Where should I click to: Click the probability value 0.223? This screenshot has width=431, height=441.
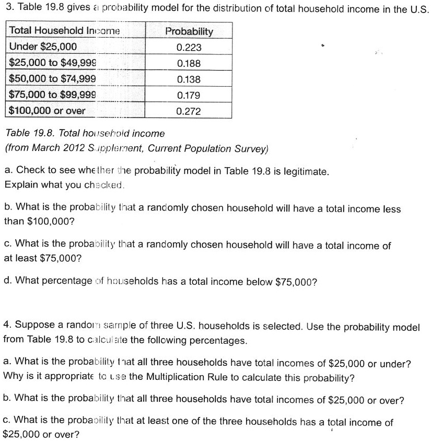click(x=189, y=47)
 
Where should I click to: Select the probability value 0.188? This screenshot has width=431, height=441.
click(x=189, y=63)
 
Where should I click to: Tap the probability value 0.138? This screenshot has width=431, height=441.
click(x=189, y=79)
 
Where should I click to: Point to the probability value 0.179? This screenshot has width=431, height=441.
click(x=189, y=96)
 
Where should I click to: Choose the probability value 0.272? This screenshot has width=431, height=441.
click(x=189, y=111)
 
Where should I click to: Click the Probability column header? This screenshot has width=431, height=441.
click(x=189, y=31)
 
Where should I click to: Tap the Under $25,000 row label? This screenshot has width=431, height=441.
click(x=43, y=47)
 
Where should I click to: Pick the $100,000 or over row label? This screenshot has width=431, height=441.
click(x=48, y=111)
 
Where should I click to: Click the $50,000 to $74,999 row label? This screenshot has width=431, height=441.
click(x=53, y=79)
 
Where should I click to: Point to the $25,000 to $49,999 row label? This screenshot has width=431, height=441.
click(x=53, y=63)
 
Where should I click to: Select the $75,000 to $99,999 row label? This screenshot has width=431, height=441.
click(x=53, y=95)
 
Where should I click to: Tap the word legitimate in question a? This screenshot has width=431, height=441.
click(x=302, y=171)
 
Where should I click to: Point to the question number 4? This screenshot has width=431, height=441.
click(x=7, y=326)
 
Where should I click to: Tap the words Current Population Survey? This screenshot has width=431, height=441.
click(x=208, y=148)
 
